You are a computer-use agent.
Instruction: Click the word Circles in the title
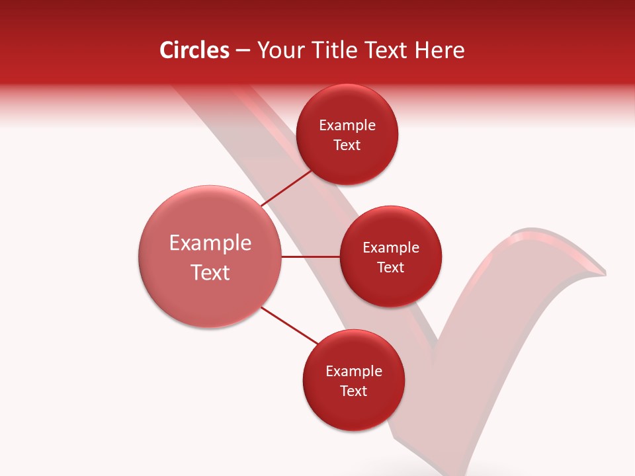click(x=194, y=50)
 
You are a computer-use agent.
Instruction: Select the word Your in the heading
click(x=282, y=50)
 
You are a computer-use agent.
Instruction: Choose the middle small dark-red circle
click(x=390, y=284)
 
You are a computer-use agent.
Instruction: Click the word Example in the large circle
click(x=210, y=243)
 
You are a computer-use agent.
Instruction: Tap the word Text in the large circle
click(x=210, y=272)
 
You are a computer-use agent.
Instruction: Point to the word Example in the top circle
click(x=347, y=126)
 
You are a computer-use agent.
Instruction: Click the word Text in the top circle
click(x=347, y=145)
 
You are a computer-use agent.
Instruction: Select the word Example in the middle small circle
click(x=391, y=248)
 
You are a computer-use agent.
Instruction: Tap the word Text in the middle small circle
click(x=391, y=268)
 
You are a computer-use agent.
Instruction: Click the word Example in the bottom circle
click(x=354, y=372)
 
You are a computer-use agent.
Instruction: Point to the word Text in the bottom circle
click(x=354, y=391)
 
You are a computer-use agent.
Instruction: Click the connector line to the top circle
click(x=287, y=189)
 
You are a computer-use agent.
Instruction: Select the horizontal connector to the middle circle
click(x=311, y=257)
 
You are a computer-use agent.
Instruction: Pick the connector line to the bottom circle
click(x=290, y=325)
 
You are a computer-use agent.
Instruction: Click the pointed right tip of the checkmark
click(x=603, y=272)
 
